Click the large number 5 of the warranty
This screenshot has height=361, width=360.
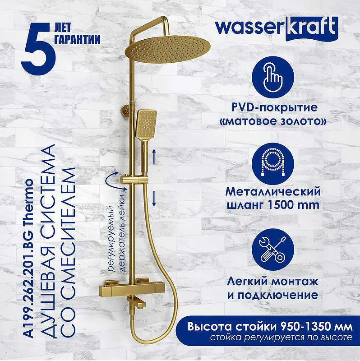(38, 49)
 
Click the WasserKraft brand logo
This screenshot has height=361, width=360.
(277, 28)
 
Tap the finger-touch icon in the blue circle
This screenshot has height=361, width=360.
(273, 77)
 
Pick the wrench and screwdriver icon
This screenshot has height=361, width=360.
(273, 250)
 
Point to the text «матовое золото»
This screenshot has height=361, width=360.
(273, 121)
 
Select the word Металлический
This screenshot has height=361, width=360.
(273, 191)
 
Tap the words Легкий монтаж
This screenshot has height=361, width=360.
(273, 281)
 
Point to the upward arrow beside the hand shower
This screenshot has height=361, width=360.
(154, 157)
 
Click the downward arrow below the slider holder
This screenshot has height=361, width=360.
(154, 199)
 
